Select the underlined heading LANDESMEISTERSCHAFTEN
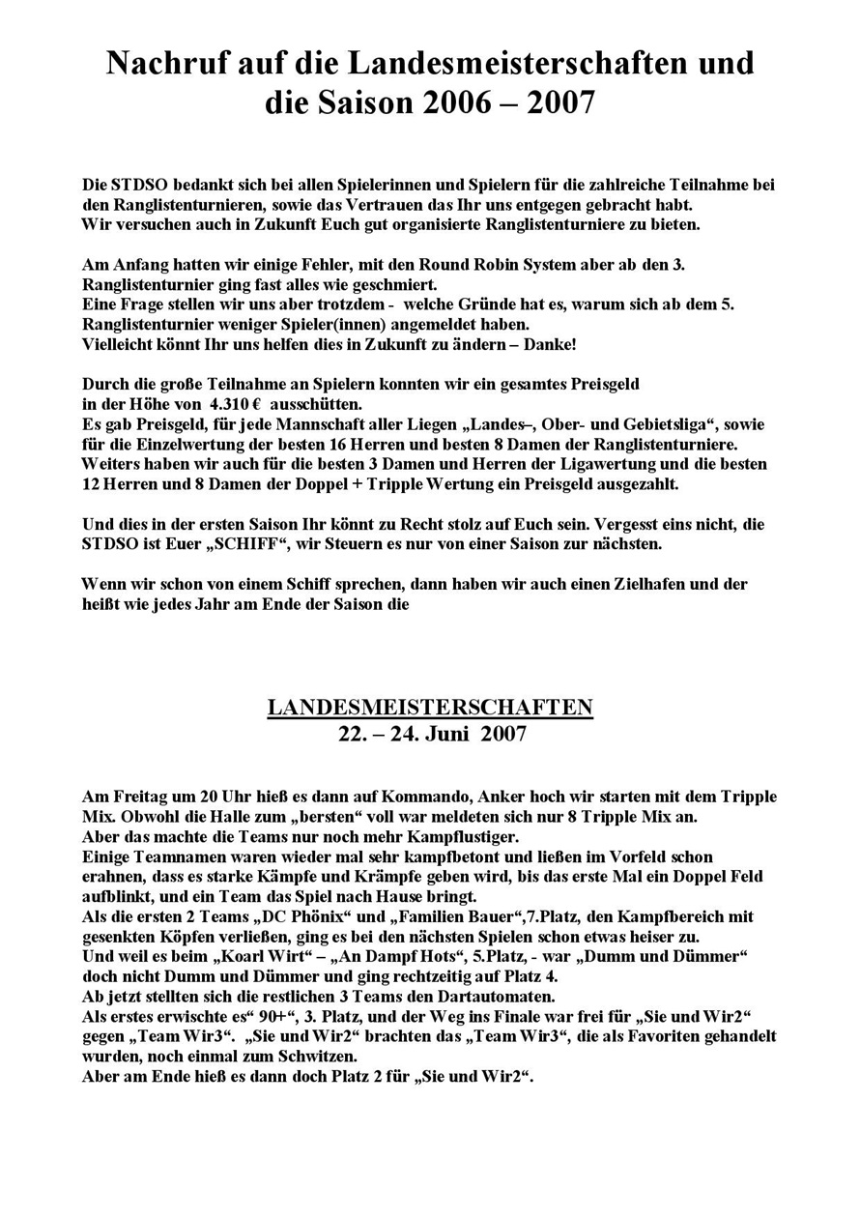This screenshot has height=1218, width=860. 430,708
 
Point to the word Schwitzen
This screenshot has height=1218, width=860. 310,1057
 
